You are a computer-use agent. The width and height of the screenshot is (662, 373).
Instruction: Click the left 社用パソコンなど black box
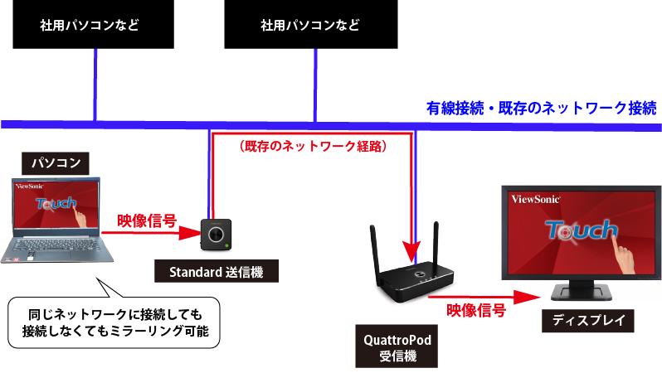(93, 24)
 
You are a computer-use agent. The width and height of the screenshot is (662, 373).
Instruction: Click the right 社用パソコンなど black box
(311, 24)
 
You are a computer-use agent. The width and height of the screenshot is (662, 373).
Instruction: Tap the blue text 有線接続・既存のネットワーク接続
(541, 108)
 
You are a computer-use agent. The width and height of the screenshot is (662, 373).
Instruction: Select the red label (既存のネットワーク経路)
(313, 146)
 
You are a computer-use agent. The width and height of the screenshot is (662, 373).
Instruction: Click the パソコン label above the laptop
(56, 163)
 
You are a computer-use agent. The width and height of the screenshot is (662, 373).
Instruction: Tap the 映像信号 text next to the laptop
(147, 220)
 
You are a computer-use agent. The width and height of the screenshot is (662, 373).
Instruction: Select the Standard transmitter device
(216, 235)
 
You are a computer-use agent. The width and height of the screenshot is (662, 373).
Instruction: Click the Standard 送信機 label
(217, 271)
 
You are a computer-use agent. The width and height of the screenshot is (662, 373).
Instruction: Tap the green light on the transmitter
(227, 245)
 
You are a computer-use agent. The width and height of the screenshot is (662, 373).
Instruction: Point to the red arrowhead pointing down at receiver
(411, 253)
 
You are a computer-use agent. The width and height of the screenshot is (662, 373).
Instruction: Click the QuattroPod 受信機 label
(397, 346)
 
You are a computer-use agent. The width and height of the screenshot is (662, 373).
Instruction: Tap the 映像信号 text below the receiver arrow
(476, 311)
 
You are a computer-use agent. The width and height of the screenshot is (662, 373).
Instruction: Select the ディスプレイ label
(588, 321)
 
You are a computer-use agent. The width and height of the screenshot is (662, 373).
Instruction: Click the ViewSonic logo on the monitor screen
(536, 199)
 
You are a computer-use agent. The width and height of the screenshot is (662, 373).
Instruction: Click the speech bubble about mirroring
(114, 322)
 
